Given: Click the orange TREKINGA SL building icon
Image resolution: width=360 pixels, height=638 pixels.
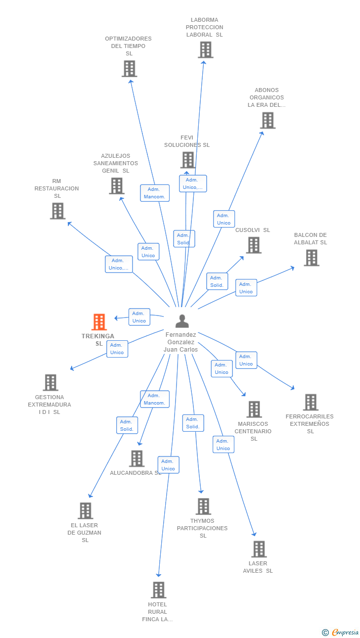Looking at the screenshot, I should tap(99, 322).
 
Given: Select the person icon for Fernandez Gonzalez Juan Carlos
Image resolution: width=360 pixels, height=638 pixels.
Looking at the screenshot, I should tap(182, 321).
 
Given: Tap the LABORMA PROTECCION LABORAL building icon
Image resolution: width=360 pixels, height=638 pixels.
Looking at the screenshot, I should tap(205, 49).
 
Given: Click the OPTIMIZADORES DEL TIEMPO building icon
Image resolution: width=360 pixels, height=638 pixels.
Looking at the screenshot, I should tap(129, 69).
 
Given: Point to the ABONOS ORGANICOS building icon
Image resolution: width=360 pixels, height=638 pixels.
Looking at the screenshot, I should tap(268, 120).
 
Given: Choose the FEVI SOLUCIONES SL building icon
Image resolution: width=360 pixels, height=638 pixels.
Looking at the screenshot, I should tap(188, 160).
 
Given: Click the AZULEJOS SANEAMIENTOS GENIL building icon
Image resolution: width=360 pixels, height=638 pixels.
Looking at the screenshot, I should tap(117, 186).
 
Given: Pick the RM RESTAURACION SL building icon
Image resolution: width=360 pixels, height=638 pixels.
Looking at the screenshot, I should tap(58, 211).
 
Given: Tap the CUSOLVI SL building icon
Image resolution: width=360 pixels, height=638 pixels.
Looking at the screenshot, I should tap(254, 245).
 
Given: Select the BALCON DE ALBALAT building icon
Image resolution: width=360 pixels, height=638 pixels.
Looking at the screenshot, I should tap(311, 258).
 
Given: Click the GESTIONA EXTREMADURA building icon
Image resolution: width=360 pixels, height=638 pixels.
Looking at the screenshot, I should tap(50, 382).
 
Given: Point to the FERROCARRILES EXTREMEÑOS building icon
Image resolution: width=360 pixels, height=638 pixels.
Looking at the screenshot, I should tap(311, 402).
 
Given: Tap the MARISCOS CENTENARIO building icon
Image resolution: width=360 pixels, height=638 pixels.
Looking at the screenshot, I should tap(254, 409).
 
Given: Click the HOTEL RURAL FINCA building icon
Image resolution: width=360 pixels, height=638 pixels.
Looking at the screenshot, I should tap(158, 590).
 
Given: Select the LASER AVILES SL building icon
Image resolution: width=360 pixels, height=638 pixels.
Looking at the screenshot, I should tap(259, 549).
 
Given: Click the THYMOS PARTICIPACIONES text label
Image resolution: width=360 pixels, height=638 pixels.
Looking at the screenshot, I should tap(202, 528).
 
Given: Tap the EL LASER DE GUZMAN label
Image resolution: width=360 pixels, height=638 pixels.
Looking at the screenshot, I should tap(85, 533).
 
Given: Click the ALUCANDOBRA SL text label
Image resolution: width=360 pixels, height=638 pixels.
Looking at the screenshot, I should tap(135, 473).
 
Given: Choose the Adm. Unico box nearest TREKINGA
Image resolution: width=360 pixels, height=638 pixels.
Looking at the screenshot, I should tap(139, 317).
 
